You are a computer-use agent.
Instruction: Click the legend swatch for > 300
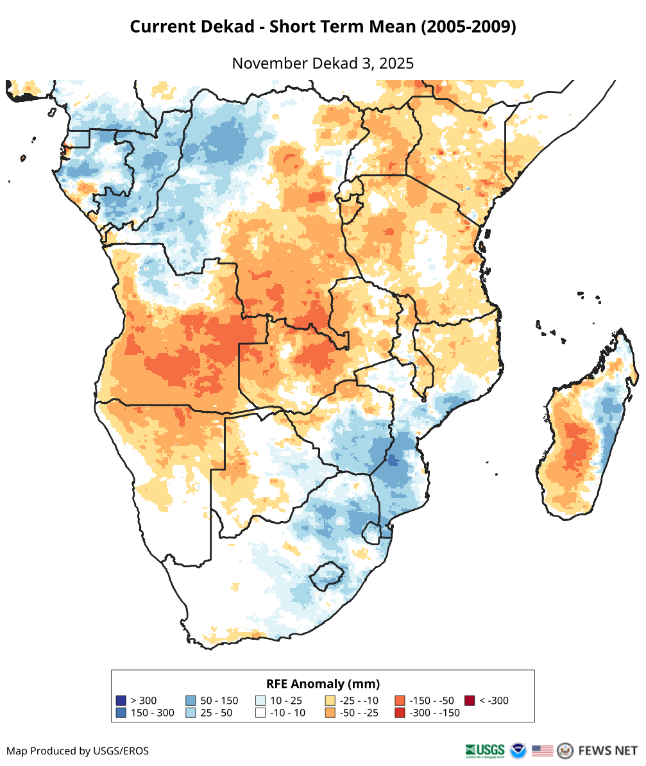coord(121,701)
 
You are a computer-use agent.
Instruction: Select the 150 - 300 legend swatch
coord(121,713)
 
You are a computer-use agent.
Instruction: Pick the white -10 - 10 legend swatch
coord(260,713)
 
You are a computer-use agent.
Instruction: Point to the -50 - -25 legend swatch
coord(330,713)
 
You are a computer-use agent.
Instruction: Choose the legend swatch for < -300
coord(470,701)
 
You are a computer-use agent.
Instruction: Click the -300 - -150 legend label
coord(434,713)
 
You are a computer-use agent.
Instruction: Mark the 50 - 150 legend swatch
coord(191,701)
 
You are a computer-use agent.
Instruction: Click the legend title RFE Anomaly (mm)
coord(323,683)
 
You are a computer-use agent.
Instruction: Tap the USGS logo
coord(484,750)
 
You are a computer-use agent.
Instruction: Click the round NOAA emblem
coord(518,750)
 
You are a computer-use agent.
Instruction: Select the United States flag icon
coord(542,750)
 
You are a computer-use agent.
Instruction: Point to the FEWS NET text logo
coord(608,750)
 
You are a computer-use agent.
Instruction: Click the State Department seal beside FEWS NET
coord(565,750)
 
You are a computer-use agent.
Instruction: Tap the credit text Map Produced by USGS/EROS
coord(78,751)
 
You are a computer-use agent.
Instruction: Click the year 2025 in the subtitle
coord(396,63)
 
